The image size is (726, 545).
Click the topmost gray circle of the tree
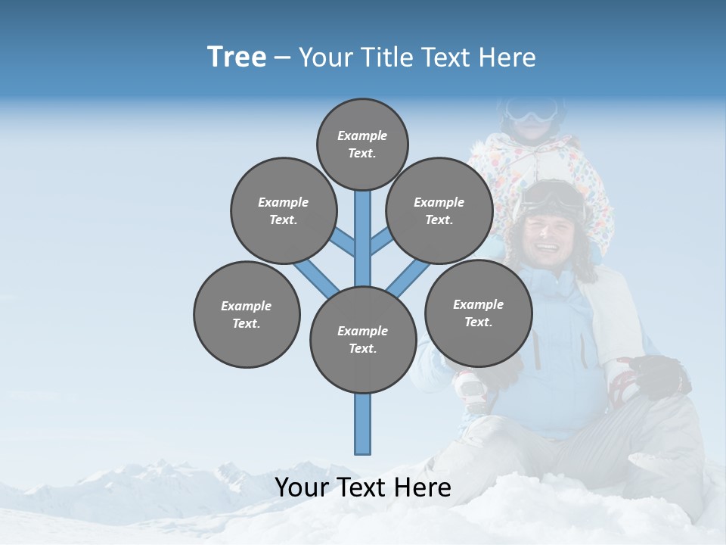tap(362, 144)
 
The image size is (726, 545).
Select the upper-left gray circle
tap(283, 210)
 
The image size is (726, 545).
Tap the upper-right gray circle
tap(439, 210)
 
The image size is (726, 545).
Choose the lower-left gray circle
tap(247, 314)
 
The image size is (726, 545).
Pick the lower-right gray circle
tap(478, 313)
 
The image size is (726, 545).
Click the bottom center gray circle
tap(363, 339)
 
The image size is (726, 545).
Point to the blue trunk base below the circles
tap(363, 424)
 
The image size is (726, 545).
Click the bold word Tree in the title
tap(237, 58)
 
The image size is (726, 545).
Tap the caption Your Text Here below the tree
tap(363, 487)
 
